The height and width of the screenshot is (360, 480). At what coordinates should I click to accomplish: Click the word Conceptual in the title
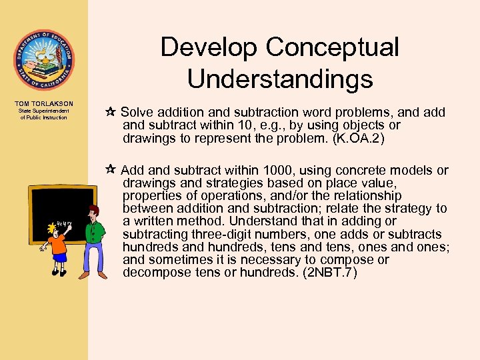pyautogui.click(x=333, y=48)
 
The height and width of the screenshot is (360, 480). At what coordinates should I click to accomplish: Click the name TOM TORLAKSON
pyautogui.click(x=43, y=103)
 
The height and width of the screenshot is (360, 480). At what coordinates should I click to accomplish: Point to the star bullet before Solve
pyautogui.click(x=110, y=112)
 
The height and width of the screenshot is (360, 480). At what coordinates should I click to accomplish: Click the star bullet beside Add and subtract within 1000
pyautogui.click(x=110, y=171)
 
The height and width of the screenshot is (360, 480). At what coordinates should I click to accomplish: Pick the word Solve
pyautogui.click(x=137, y=112)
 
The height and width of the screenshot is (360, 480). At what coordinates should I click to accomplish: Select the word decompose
pyautogui.click(x=158, y=273)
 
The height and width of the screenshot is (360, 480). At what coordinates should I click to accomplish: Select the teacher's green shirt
pyautogui.click(x=95, y=234)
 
